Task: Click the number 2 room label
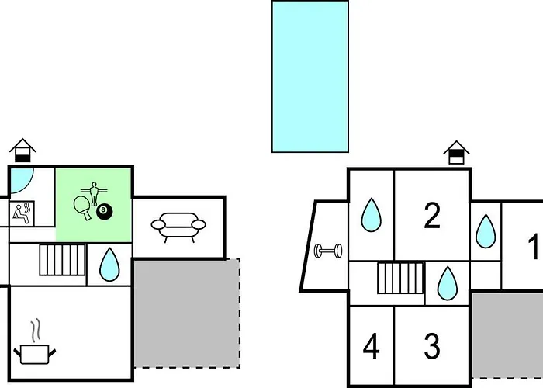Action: tap(432, 216)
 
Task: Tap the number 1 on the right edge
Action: tap(534, 248)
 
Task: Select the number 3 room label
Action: tap(432, 345)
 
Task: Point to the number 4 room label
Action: tap(372, 347)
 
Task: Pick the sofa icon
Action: tap(178, 225)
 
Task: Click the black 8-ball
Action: tap(105, 210)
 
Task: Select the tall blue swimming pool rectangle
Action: tap(310, 76)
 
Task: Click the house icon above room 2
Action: tap(457, 152)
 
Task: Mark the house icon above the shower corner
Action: tap(24, 150)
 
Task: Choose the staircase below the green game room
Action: tap(62, 260)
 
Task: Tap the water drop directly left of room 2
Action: tap(371, 214)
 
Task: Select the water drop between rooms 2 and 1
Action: tap(486, 230)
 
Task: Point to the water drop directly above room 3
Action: tap(448, 283)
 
